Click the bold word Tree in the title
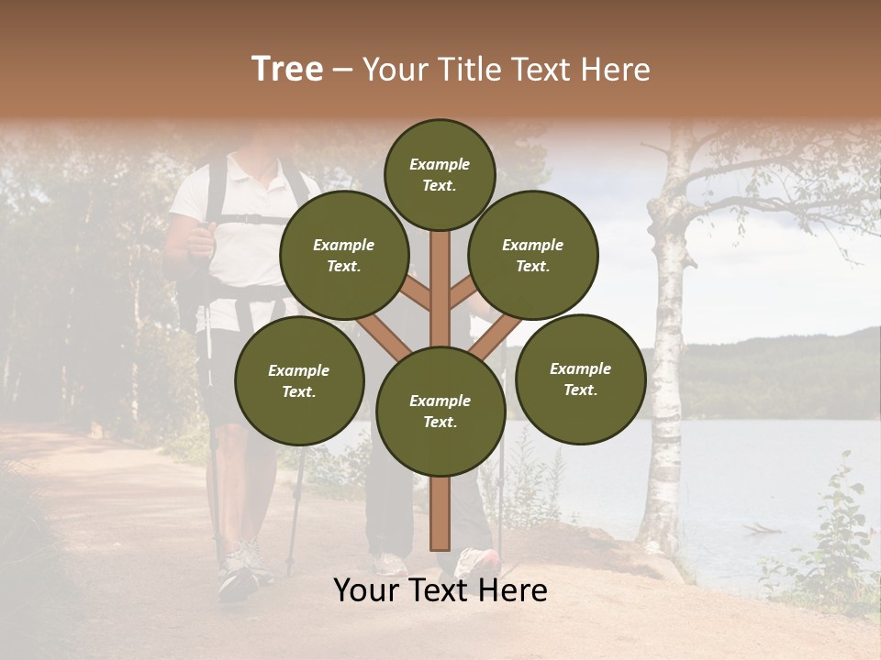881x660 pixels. pyautogui.click(x=287, y=70)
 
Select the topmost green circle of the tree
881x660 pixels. pyautogui.click(x=440, y=174)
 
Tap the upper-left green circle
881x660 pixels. pyautogui.click(x=343, y=256)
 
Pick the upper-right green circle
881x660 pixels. pyautogui.click(x=533, y=256)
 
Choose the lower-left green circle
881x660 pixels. pyautogui.click(x=299, y=380)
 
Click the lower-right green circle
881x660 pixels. pyautogui.click(x=580, y=379)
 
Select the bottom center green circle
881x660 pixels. pyautogui.click(x=440, y=412)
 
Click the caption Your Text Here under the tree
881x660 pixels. pyautogui.click(x=440, y=590)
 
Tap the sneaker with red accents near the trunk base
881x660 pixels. pyautogui.click(x=479, y=560)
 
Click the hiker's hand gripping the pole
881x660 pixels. pyautogui.click(x=199, y=240)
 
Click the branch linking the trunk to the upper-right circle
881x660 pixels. pyautogui.click(x=464, y=291)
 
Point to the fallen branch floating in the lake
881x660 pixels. pyautogui.click(x=762, y=529)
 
